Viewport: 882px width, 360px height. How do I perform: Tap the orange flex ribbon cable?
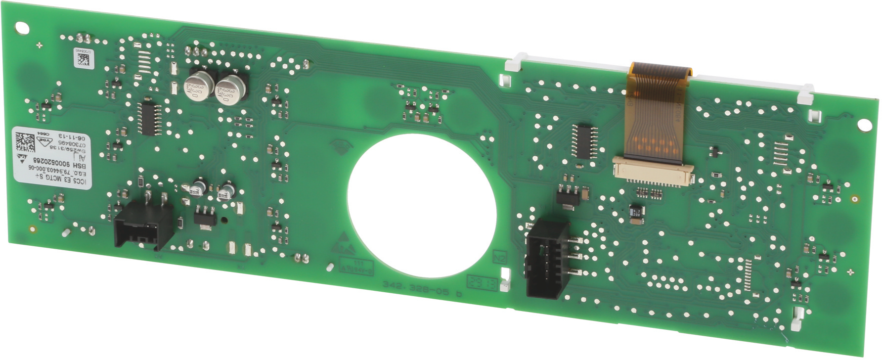coord(655,114)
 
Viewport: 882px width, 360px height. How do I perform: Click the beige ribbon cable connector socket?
coord(652,171)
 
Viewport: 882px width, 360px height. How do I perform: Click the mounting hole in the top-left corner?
coord(22,27)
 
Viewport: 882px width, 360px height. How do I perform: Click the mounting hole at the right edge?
coord(865,125)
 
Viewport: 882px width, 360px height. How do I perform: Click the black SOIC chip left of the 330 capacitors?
coord(148,117)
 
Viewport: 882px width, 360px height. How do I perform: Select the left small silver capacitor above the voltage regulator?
coord(199,187)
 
